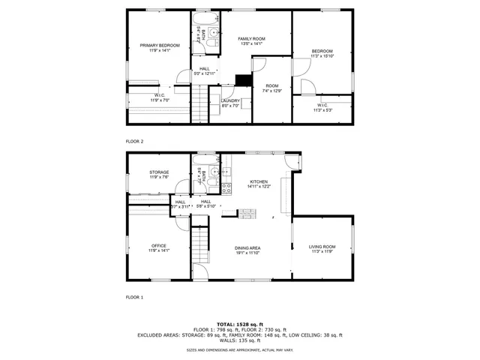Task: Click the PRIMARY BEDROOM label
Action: pos(159,46)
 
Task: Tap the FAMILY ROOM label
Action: pos(252,38)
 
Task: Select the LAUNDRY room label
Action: pos(230,100)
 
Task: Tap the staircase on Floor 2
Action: pos(199,103)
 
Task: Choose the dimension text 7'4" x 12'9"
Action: pos(271,91)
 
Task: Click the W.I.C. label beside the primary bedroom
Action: pos(160,95)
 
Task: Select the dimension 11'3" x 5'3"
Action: pos(322,110)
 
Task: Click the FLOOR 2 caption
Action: pos(134,141)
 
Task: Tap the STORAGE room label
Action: pos(159,172)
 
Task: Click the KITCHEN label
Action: pos(259,181)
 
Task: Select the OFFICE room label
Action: pos(159,246)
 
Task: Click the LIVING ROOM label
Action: pos(322,247)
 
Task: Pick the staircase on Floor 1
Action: pos(200,244)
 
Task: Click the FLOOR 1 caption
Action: pos(134,298)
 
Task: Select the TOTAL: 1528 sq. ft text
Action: pos(240,322)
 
